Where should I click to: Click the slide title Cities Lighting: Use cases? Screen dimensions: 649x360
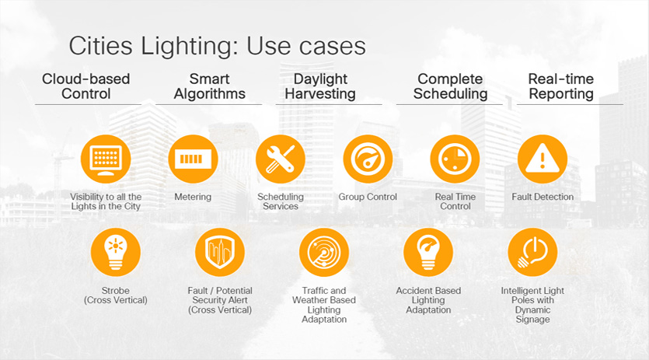(x=218, y=46)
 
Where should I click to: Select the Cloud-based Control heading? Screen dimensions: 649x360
(x=86, y=86)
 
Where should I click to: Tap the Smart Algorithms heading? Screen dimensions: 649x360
(x=209, y=86)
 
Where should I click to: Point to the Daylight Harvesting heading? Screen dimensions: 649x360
(x=320, y=86)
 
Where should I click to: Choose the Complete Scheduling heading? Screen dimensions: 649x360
(x=450, y=86)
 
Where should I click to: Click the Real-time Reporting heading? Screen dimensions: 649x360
(x=561, y=86)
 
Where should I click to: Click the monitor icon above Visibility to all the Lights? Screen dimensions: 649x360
(x=106, y=159)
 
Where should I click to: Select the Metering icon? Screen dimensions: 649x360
(x=194, y=159)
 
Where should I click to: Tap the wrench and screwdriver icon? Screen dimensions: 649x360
(x=281, y=159)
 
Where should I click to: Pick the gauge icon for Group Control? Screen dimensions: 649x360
(x=368, y=159)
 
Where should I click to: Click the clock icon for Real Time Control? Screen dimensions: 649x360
(x=455, y=159)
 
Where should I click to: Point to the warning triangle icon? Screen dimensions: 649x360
(x=543, y=159)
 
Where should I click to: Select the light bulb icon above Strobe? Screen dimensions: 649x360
(x=116, y=252)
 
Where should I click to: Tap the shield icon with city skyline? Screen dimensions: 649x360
(x=220, y=252)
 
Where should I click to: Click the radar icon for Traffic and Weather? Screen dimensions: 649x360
(x=324, y=252)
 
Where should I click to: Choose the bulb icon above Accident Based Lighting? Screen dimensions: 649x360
(x=428, y=252)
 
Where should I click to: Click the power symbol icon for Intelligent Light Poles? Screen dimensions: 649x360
(x=532, y=252)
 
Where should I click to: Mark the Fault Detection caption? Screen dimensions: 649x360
(x=543, y=197)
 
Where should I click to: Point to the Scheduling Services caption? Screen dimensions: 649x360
(x=281, y=201)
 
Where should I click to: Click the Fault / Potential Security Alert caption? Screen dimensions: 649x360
(x=220, y=300)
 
